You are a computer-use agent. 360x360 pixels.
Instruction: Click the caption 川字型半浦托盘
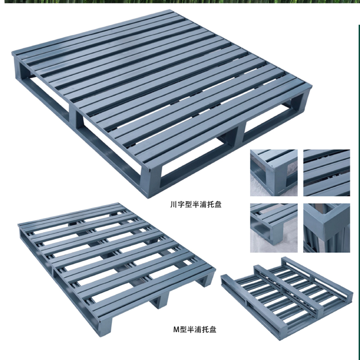click(x=196, y=204)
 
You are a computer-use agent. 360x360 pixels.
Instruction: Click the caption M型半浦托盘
click(x=195, y=329)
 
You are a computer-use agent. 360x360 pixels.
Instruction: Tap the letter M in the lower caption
click(x=176, y=330)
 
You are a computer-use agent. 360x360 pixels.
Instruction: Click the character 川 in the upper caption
click(x=173, y=204)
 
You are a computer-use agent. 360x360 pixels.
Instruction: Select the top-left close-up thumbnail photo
click(x=274, y=173)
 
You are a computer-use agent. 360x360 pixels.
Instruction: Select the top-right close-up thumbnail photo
click(x=327, y=173)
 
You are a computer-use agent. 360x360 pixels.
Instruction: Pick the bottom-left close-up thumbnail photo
click(x=274, y=228)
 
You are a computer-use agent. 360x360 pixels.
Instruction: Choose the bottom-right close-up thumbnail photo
click(x=327, y=228)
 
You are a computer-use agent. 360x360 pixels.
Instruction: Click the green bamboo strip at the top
click(x=181, y=1)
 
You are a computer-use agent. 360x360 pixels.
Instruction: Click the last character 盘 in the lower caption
click(x=213, y=330)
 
